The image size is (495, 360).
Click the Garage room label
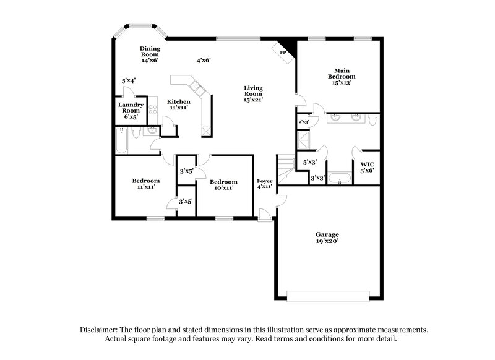(328, 238)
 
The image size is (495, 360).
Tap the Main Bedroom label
(345, 76)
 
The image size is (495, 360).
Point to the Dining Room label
(149, 55)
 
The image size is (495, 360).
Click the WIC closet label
(367, 167)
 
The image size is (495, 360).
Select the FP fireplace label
(284, 53)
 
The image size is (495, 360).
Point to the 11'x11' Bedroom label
(146, 184)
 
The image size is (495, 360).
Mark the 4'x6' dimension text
(204, 61)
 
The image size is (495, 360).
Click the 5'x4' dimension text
(129, 80)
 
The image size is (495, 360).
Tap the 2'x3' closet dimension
(303, 122)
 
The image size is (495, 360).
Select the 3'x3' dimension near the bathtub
(318, 178)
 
